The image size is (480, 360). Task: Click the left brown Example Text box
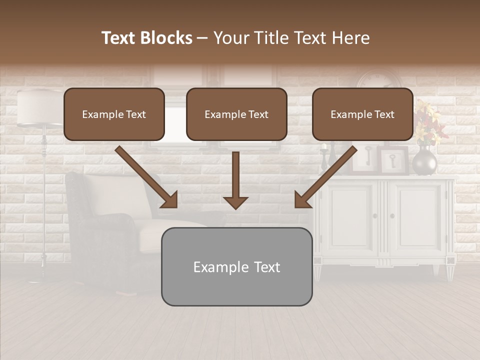pyautogui.click(x=114, y=114)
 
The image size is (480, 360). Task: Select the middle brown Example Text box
pyautogui.click(x=236, y=114)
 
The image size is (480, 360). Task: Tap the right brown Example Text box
pyautogui.click(x=362, y=114)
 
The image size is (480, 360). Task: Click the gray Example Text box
pyautogui.click(x=236, y=266)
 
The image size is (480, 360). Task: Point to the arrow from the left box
pyautogui.click(x=146, y=177)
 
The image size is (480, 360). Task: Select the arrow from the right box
pyautogui.click(x=325, y=177)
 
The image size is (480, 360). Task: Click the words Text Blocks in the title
pyautogui.click(x=147, y=38)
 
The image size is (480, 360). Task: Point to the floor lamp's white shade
pyautogui.click(x=38, y=107)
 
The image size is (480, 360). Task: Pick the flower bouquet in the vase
pyautogui.click(x=428, y=120)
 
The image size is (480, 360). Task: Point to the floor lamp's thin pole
pyautogui.click(x=44, y=200)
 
